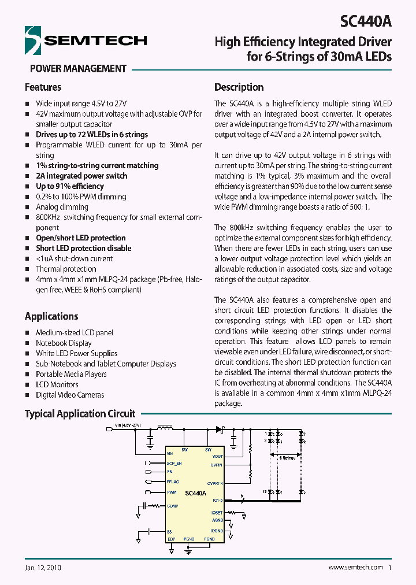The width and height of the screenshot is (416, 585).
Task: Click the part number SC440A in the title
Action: tap(365, 22)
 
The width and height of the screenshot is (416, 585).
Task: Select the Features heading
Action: tap(43, 87)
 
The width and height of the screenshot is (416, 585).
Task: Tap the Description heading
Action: tap(239, 87)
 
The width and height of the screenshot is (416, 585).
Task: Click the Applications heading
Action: tap(51, 316)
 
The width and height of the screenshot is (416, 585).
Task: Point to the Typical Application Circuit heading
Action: tap(80, 414)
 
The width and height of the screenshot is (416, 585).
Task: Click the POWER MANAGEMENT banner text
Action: tap(78, 68)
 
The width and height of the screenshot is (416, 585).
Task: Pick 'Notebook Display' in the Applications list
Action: tap(64, 343)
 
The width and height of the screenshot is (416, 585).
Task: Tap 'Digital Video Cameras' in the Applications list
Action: tap(70, 395)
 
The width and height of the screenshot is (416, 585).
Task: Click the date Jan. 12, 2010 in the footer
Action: tap(43, 568)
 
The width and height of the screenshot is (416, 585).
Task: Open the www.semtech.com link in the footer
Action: tap(355, 568)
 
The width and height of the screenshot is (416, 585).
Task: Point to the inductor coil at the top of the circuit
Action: tap(165, 429)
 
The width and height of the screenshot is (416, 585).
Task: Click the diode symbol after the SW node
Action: tap(219, 430)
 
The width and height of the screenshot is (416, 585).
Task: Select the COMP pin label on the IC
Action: tap(172, 506)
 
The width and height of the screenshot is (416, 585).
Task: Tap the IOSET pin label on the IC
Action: tap(217, 513)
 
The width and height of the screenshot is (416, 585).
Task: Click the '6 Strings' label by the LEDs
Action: tap(287, 458)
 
